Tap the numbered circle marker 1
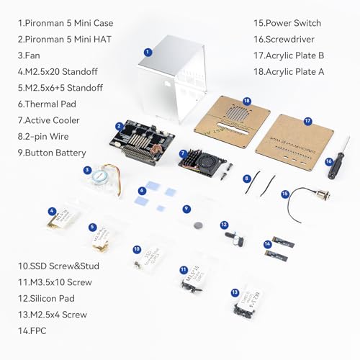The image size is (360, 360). [x=147, y=52]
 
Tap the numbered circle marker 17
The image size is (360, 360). [x=307, y=122]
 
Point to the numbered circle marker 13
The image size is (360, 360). [x=235, y=292]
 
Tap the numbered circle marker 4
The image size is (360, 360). [x=52, y=211]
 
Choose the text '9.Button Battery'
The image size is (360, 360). [x=52, y=153]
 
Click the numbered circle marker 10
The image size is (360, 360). [x=137, y=249]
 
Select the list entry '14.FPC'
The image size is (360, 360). [x=35, y=330]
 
